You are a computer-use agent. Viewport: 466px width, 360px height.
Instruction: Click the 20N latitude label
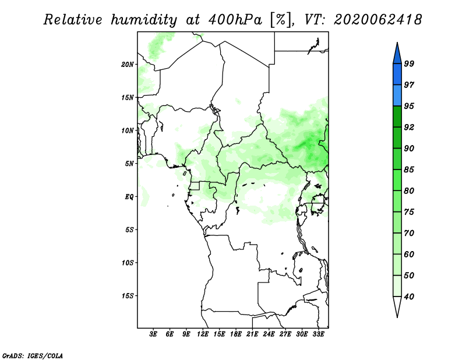pos(127,65)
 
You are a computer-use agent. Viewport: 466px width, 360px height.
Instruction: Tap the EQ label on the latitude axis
pos(129,197)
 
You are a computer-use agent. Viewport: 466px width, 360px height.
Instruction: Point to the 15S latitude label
pos(127,296)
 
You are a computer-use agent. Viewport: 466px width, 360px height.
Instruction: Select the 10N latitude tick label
pos(127,130)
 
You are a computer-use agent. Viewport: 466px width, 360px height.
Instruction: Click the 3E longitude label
pos(153,334)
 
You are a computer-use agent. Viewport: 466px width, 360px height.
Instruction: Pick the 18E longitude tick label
pos(236,334)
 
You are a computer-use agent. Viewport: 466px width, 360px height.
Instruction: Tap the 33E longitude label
pos(318,334)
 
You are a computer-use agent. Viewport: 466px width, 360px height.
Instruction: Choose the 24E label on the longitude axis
pos(269,334)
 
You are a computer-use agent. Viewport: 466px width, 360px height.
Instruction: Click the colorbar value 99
pos(409,63)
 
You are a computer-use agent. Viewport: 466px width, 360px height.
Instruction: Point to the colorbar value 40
pos(409,297)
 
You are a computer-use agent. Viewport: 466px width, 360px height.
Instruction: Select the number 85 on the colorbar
pos(409,170)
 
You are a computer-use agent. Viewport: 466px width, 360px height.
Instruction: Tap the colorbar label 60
pos(409,255)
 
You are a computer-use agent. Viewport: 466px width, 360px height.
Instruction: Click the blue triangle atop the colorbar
pos(397,54)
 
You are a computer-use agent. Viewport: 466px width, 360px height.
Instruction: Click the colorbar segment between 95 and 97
pos(397,96)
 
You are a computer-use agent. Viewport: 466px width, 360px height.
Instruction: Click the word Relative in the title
pos(73,20)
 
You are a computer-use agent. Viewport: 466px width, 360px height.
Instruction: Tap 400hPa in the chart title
pos(235,20)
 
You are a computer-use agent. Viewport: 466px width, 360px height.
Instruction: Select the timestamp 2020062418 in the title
pos(377,20)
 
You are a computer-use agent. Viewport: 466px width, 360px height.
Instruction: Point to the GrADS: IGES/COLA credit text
pos(33,355)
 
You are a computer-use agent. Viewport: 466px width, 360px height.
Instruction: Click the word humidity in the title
pos(144,20)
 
